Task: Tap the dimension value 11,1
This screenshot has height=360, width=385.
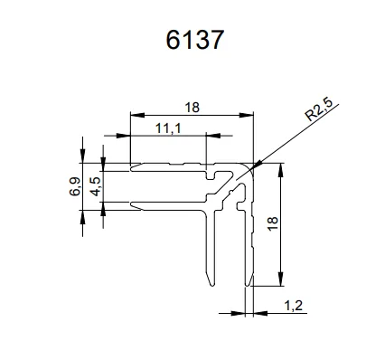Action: tap(168, 128)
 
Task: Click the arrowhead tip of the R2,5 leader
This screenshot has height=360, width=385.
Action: tap(256, 166)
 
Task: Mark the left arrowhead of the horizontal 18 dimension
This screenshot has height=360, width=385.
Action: tap(132, 116)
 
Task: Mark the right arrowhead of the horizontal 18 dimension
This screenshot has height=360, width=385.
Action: tap(253, 116)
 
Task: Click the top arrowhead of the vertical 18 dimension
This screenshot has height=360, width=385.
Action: tap(284, 166)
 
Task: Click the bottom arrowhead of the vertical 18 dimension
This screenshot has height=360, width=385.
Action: tap(284, 283)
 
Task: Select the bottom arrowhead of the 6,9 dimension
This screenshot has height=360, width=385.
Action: tap(83, 210)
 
